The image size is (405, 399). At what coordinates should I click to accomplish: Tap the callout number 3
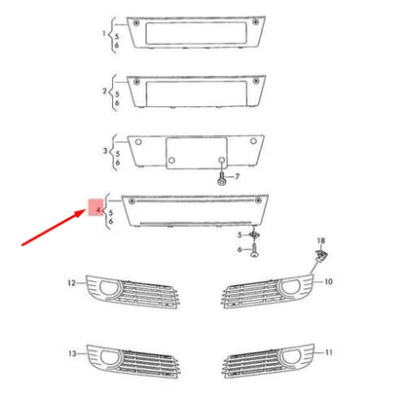point(105,151)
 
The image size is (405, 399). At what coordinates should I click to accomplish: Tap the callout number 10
point(328,281)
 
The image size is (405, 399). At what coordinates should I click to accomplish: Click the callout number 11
point(328,350)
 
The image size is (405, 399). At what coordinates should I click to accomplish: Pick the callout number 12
point(71,282)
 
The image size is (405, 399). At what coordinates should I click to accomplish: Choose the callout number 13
point(71,352)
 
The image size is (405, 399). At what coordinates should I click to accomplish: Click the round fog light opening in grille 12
point(107,288)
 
